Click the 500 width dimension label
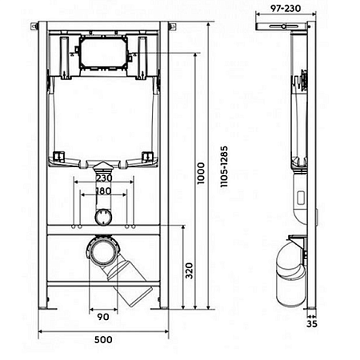(x=103, y=340)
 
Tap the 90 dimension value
(x=103, y=317)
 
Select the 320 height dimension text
(x=189, y=270)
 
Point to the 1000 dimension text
(x=201, y=173)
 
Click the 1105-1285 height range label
(x=224, y=166)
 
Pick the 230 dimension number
(x=104, y=178)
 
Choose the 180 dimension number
(x=103, y=191)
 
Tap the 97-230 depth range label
(x=286, y=9)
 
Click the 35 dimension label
(x=312, y=324)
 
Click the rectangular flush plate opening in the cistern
(x=103, y=53)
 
